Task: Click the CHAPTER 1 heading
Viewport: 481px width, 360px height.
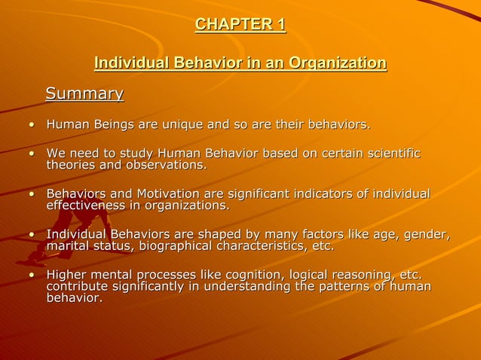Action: point(240,25)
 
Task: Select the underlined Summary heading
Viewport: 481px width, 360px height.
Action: point(84,93)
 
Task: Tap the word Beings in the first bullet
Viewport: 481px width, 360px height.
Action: point(115,124)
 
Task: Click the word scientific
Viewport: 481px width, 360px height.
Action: point(390,154)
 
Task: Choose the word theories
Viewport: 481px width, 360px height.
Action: point(71,165)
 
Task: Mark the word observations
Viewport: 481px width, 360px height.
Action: point(166,165)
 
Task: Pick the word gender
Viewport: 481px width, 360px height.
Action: point(427,235)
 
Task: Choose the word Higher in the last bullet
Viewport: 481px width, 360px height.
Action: point(68,275)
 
